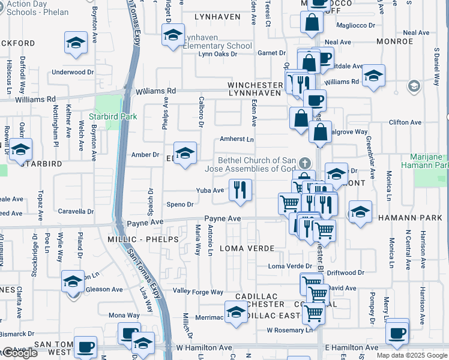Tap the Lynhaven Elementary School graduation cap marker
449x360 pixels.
173,36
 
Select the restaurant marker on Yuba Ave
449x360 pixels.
240,190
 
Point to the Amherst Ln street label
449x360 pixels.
237,139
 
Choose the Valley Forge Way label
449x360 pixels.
198,292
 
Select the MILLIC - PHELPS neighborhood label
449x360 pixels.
143,239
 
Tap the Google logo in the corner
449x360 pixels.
19,353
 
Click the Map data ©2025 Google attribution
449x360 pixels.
412,355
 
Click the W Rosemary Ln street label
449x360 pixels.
290,329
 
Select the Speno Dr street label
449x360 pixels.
179,205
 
